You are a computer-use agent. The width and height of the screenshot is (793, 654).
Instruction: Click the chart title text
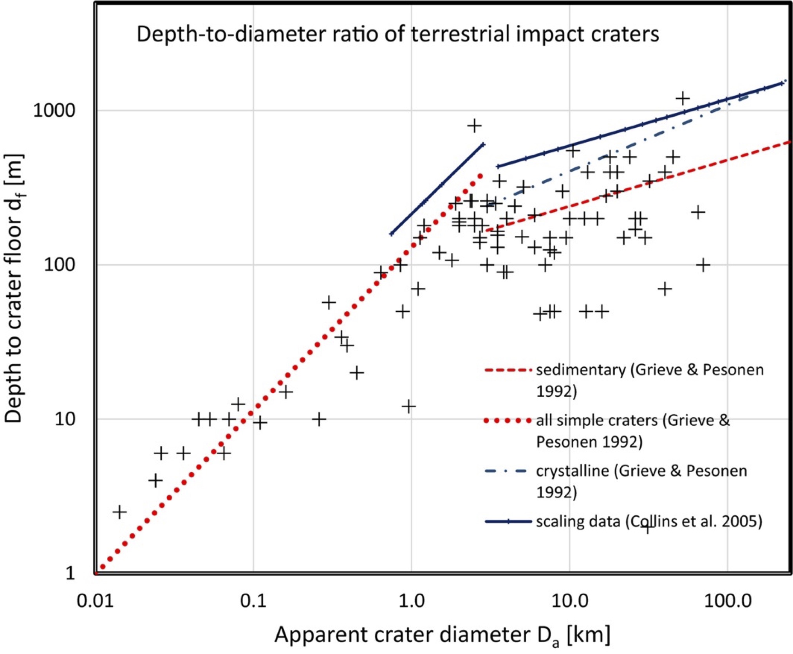pyautogui.click(x=397, y=34)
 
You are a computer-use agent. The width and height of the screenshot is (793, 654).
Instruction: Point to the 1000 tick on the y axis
pyautogui.click(x=54, y=110)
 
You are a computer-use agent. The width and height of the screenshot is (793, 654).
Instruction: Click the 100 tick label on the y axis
pyautogui.click(x=59, y=265)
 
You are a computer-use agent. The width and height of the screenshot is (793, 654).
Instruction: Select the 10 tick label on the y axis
pyautogui.click(x=64, y=419)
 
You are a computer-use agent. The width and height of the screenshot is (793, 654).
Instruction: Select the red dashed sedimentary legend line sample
pyautogui.click(x=508, y=370)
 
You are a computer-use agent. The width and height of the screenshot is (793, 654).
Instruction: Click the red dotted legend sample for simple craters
pyautogui.click(x=508, y=421)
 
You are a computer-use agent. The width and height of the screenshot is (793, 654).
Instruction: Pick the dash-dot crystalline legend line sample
pyautogui.click(x=508, y=471)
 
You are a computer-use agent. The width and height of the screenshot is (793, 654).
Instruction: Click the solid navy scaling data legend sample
pyautogui.click(x=508, y=522)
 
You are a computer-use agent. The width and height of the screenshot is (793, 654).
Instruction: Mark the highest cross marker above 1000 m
pyautogui.click(x=683, y=99)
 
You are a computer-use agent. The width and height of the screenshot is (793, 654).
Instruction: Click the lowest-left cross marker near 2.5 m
pyautogui.click(x=120, y=511)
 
